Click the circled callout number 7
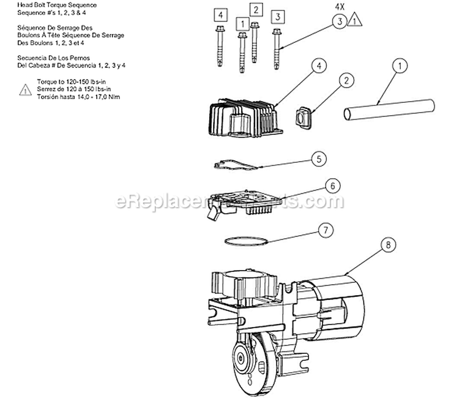pos(326,230)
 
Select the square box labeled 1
pos(242,24)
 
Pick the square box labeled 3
pos(277,16)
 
